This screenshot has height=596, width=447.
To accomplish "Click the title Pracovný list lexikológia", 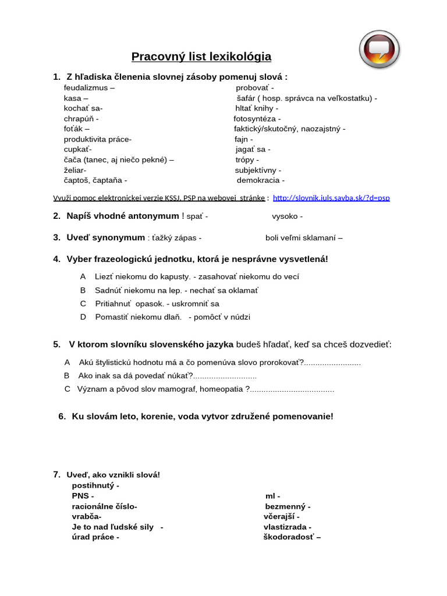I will tap(201, 57).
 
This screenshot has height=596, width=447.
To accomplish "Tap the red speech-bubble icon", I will tap(379, 49).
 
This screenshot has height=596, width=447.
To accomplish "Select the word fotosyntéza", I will tap(253, 119).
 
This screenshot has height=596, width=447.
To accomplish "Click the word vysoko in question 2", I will tap(285, 217).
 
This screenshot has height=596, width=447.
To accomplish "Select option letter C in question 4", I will tap(83, 304).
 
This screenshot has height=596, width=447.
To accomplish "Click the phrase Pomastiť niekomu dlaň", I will tap(138, 317).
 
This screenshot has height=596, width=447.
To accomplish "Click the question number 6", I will tap(62, 417).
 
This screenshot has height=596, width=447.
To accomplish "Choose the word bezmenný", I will tap(285, 506).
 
